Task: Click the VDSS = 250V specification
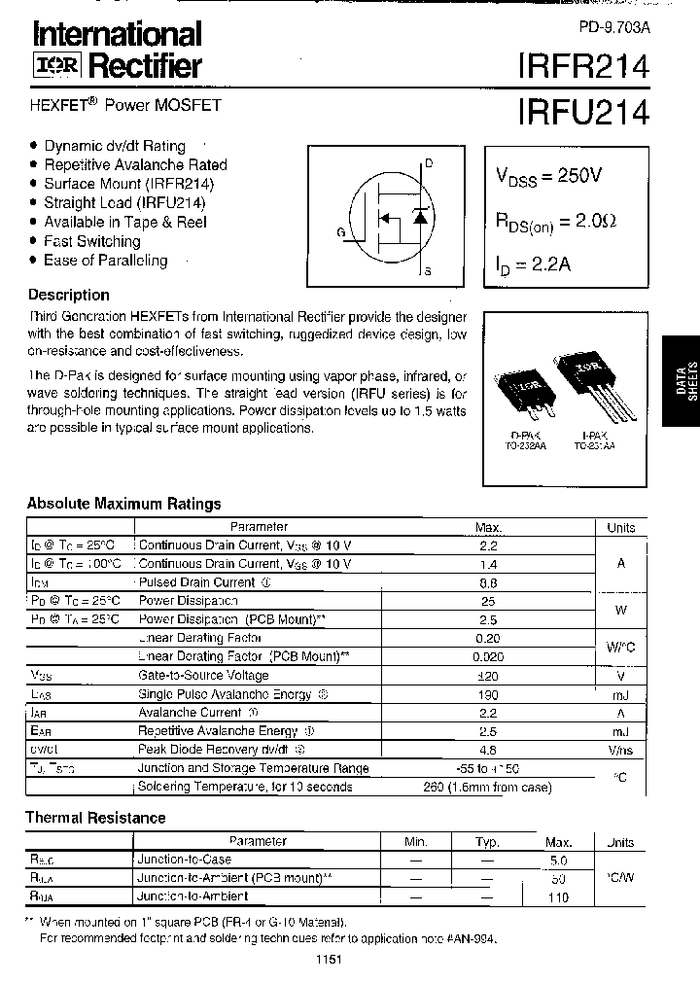[549, 176]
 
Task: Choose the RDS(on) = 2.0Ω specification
[556, 222]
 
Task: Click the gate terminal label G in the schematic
[340, 231]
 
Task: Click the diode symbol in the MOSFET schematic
[419, 216]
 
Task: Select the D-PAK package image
[523, 390]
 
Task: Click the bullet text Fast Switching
[91, 241]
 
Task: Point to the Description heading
[68, 295]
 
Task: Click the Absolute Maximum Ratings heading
[123, 504]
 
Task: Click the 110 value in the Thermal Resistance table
[557, 897]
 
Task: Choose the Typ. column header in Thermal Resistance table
[487, 843]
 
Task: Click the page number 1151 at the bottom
[329, 960]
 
